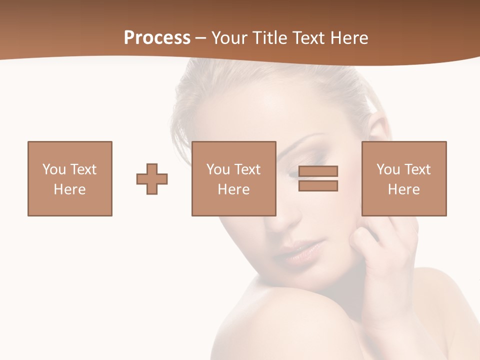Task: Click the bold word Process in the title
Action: pos(157,38)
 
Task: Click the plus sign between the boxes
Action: pos(152,179)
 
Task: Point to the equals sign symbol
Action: pos(318,178)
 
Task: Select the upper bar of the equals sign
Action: pos(318,171)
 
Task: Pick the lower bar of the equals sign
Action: pos(318,185)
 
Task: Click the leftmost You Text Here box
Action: pos(70,178)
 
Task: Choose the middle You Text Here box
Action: pos(233,178)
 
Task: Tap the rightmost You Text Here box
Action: pos(404,178)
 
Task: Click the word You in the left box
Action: pos(54,169)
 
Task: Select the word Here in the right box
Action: pos(404,189)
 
